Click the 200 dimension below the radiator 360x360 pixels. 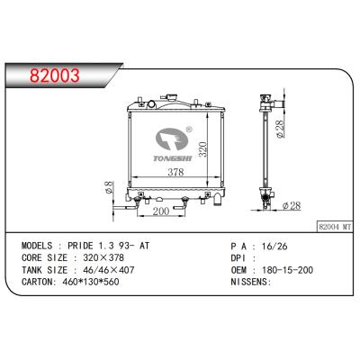pos(161,211)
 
